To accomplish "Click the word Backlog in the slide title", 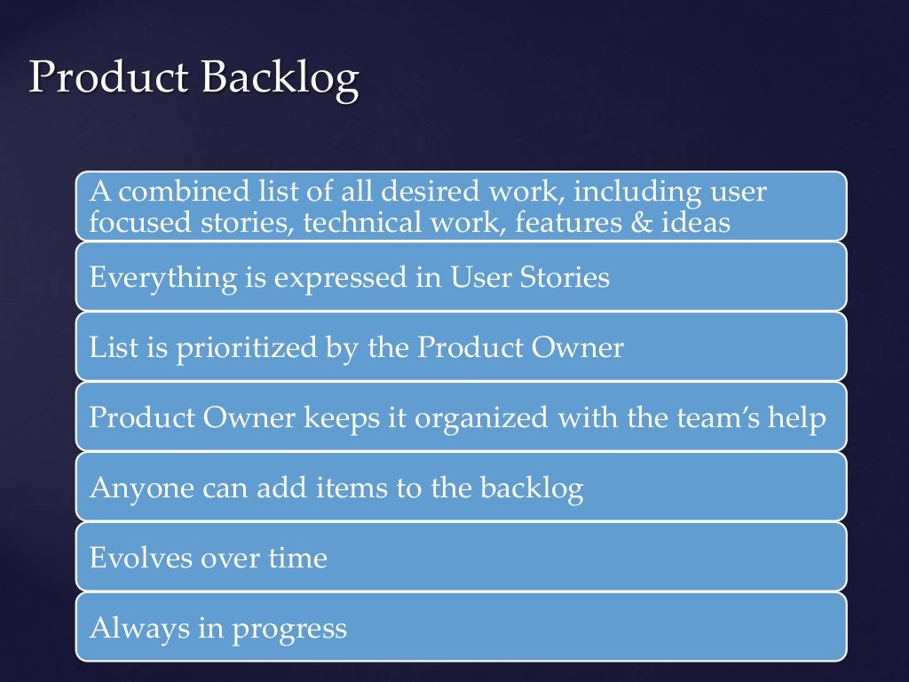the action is click(280, 78).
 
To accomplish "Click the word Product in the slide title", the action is click(109, 78).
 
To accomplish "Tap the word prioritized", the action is click(233, 348).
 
